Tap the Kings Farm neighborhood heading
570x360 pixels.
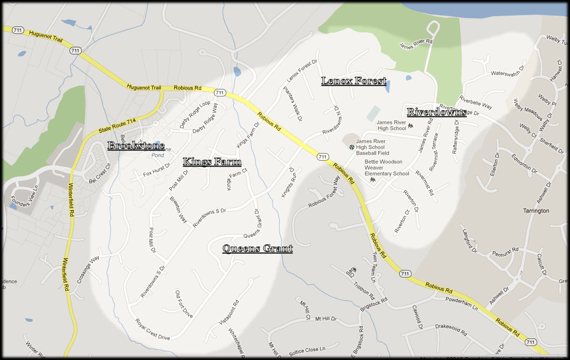[212, 162]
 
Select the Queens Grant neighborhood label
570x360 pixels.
[258, 248]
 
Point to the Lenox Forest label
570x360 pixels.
[353, 81]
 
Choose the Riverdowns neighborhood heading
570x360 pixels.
[436, 112]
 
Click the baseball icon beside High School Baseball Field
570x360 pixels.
[352, 147]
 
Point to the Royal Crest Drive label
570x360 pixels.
[152, 330]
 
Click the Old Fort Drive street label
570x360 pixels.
[184, 303]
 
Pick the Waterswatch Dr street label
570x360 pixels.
[506, 73]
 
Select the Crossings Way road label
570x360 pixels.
[88, 270]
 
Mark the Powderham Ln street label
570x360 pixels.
[461, 303]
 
